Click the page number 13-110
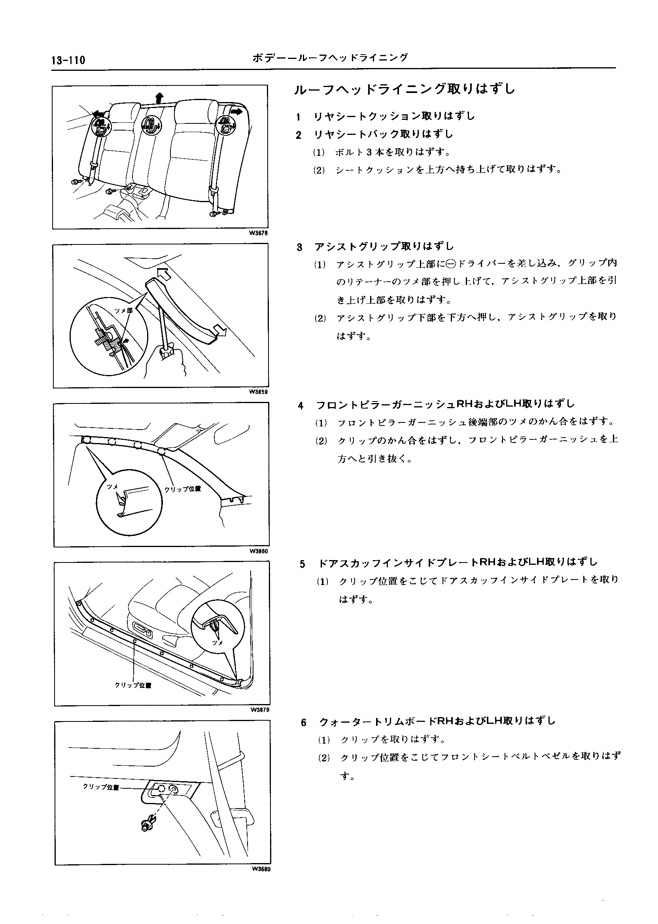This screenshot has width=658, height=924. point(68,61)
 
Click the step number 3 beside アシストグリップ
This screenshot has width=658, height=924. point(299,247)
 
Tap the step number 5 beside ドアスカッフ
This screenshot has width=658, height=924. point(302,564)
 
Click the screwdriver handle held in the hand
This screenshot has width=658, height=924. point(166,350)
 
